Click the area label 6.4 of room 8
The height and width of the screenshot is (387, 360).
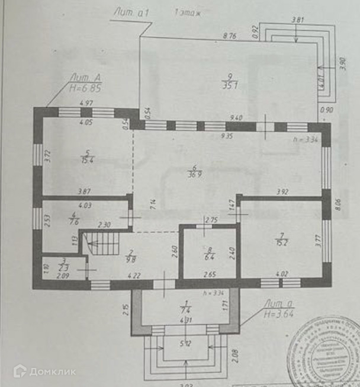[208, 258]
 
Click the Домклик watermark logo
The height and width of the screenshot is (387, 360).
[44, 371]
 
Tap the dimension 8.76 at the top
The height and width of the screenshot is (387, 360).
[229, 36]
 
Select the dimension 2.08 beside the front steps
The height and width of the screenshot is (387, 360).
[236, 356]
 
